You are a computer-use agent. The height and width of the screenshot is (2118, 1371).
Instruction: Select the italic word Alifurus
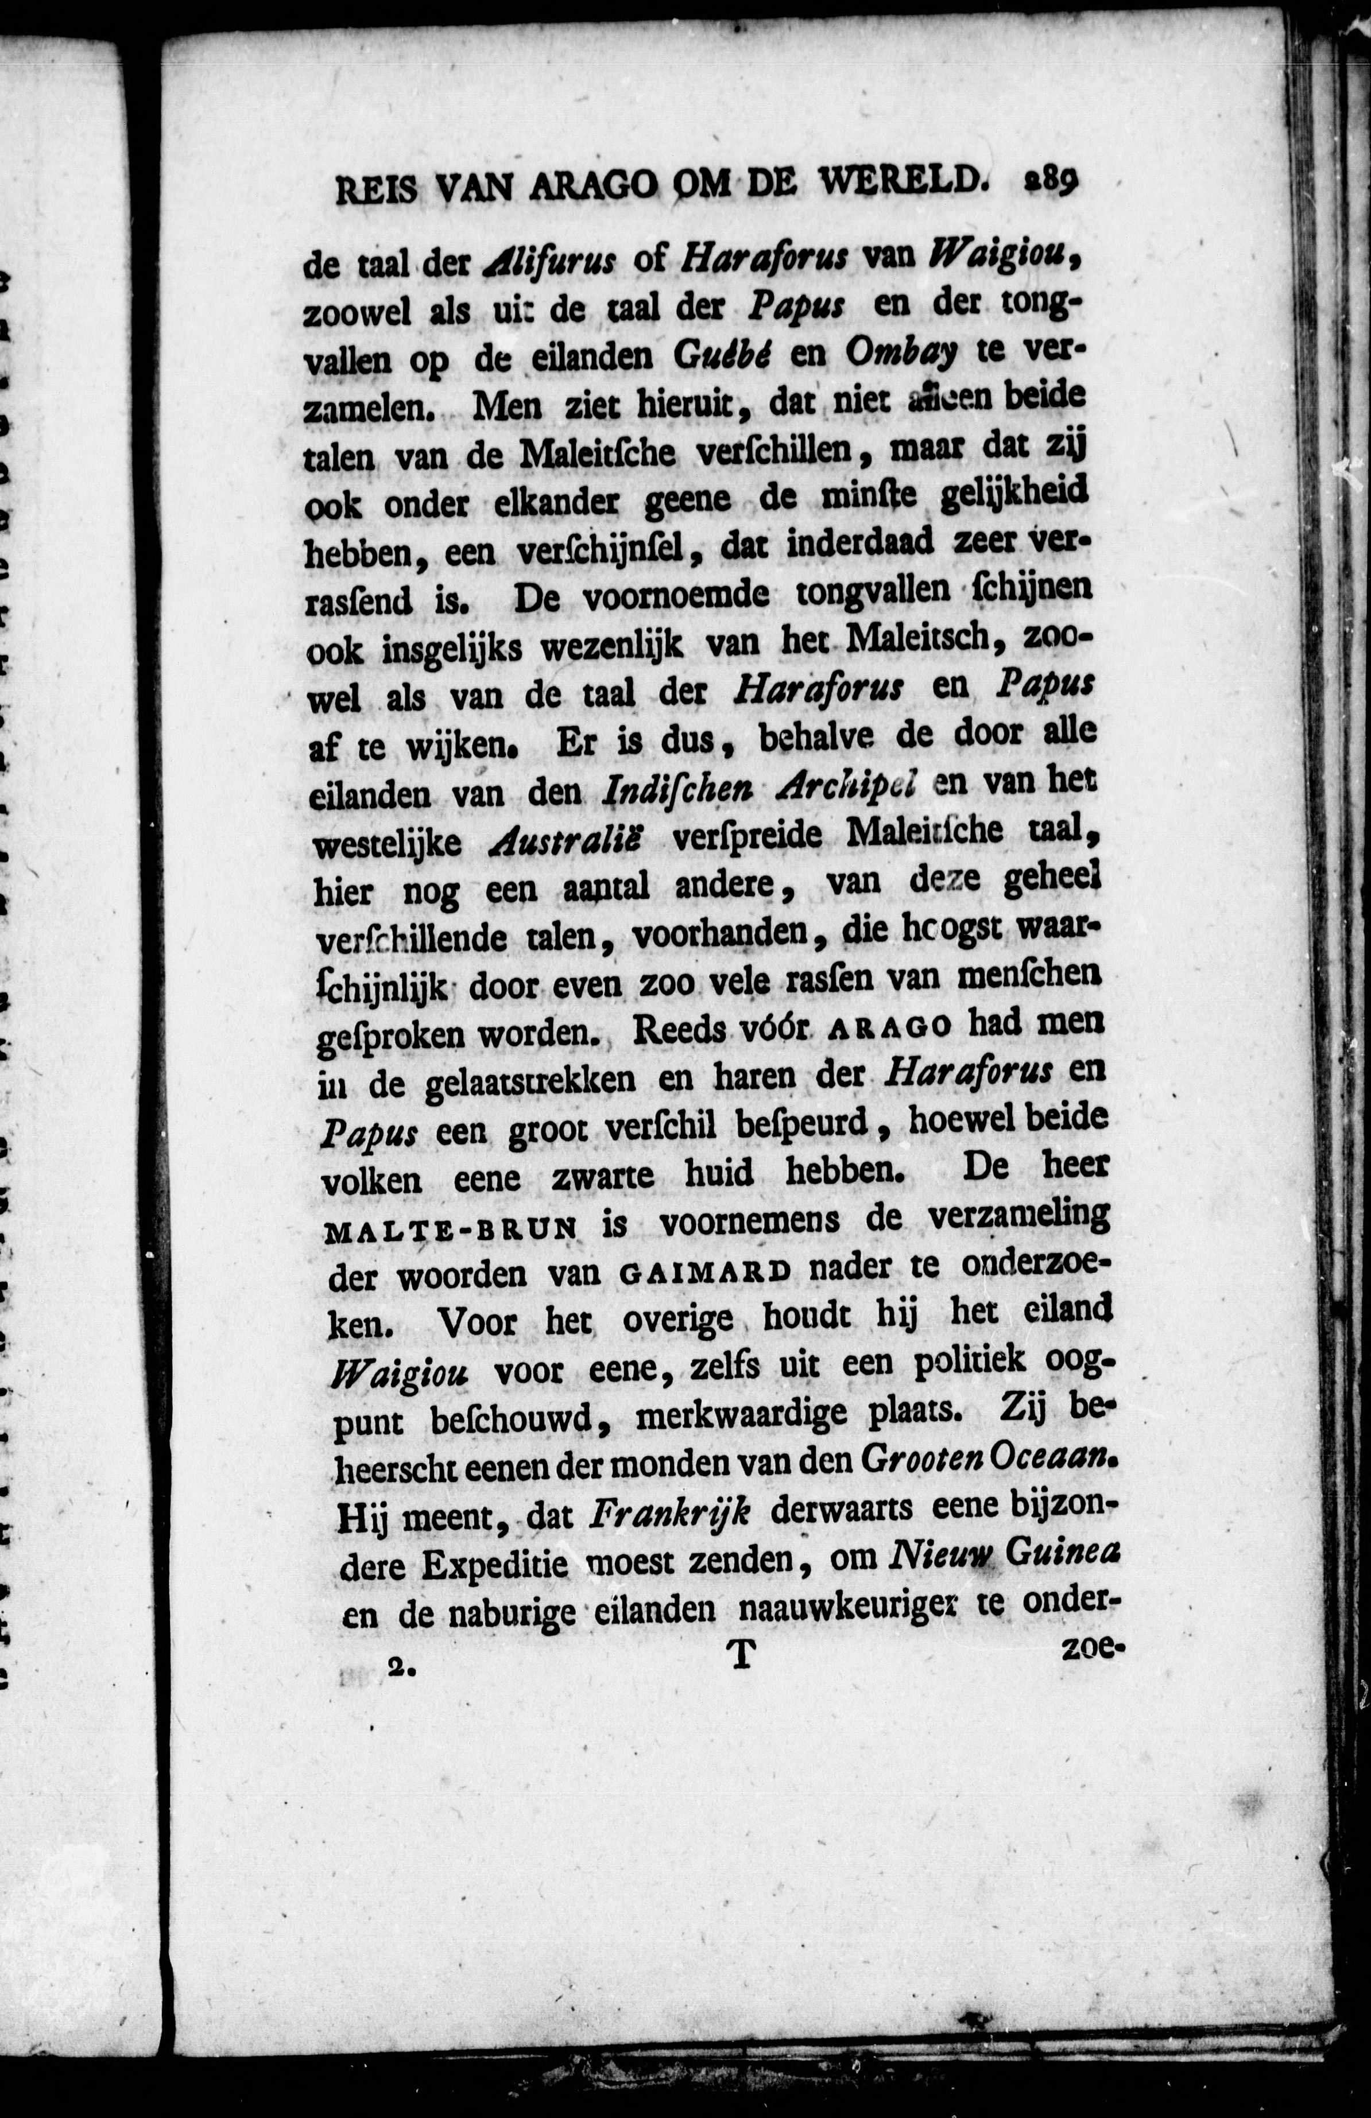click(550, 260)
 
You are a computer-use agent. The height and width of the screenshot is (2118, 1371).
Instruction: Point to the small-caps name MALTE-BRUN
click(451, 1229)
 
